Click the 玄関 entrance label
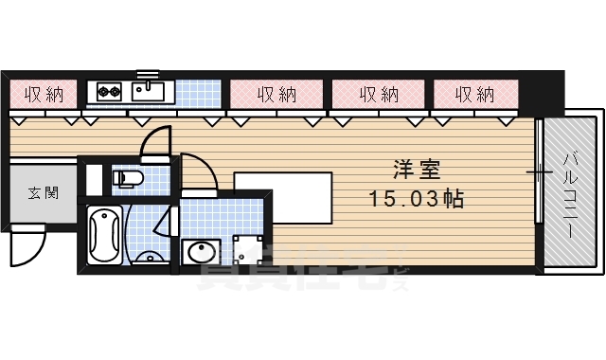44,193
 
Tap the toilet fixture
125,178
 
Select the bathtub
103,233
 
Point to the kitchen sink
149,91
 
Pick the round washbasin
201,253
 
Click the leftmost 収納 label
44,94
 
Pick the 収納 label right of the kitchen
276,94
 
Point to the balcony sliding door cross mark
539,172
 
